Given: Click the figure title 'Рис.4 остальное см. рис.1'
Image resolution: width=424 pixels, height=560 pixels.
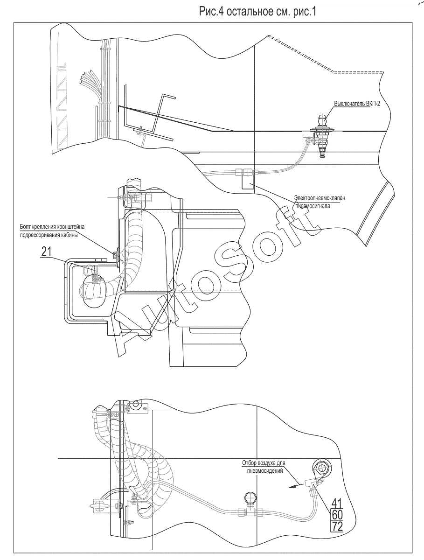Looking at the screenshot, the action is pos(257,12).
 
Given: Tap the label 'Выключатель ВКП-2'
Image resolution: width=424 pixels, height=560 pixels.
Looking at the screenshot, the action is pos(357,104).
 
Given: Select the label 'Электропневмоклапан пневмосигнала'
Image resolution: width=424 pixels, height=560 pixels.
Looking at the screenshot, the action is pos(320,202).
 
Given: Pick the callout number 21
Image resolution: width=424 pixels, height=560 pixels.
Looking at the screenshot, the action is pos(46,252).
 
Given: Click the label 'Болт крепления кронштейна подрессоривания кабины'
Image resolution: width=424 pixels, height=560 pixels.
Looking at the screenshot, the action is pos(52,231).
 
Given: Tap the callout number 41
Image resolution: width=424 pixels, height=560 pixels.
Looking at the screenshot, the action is pos(337,503).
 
